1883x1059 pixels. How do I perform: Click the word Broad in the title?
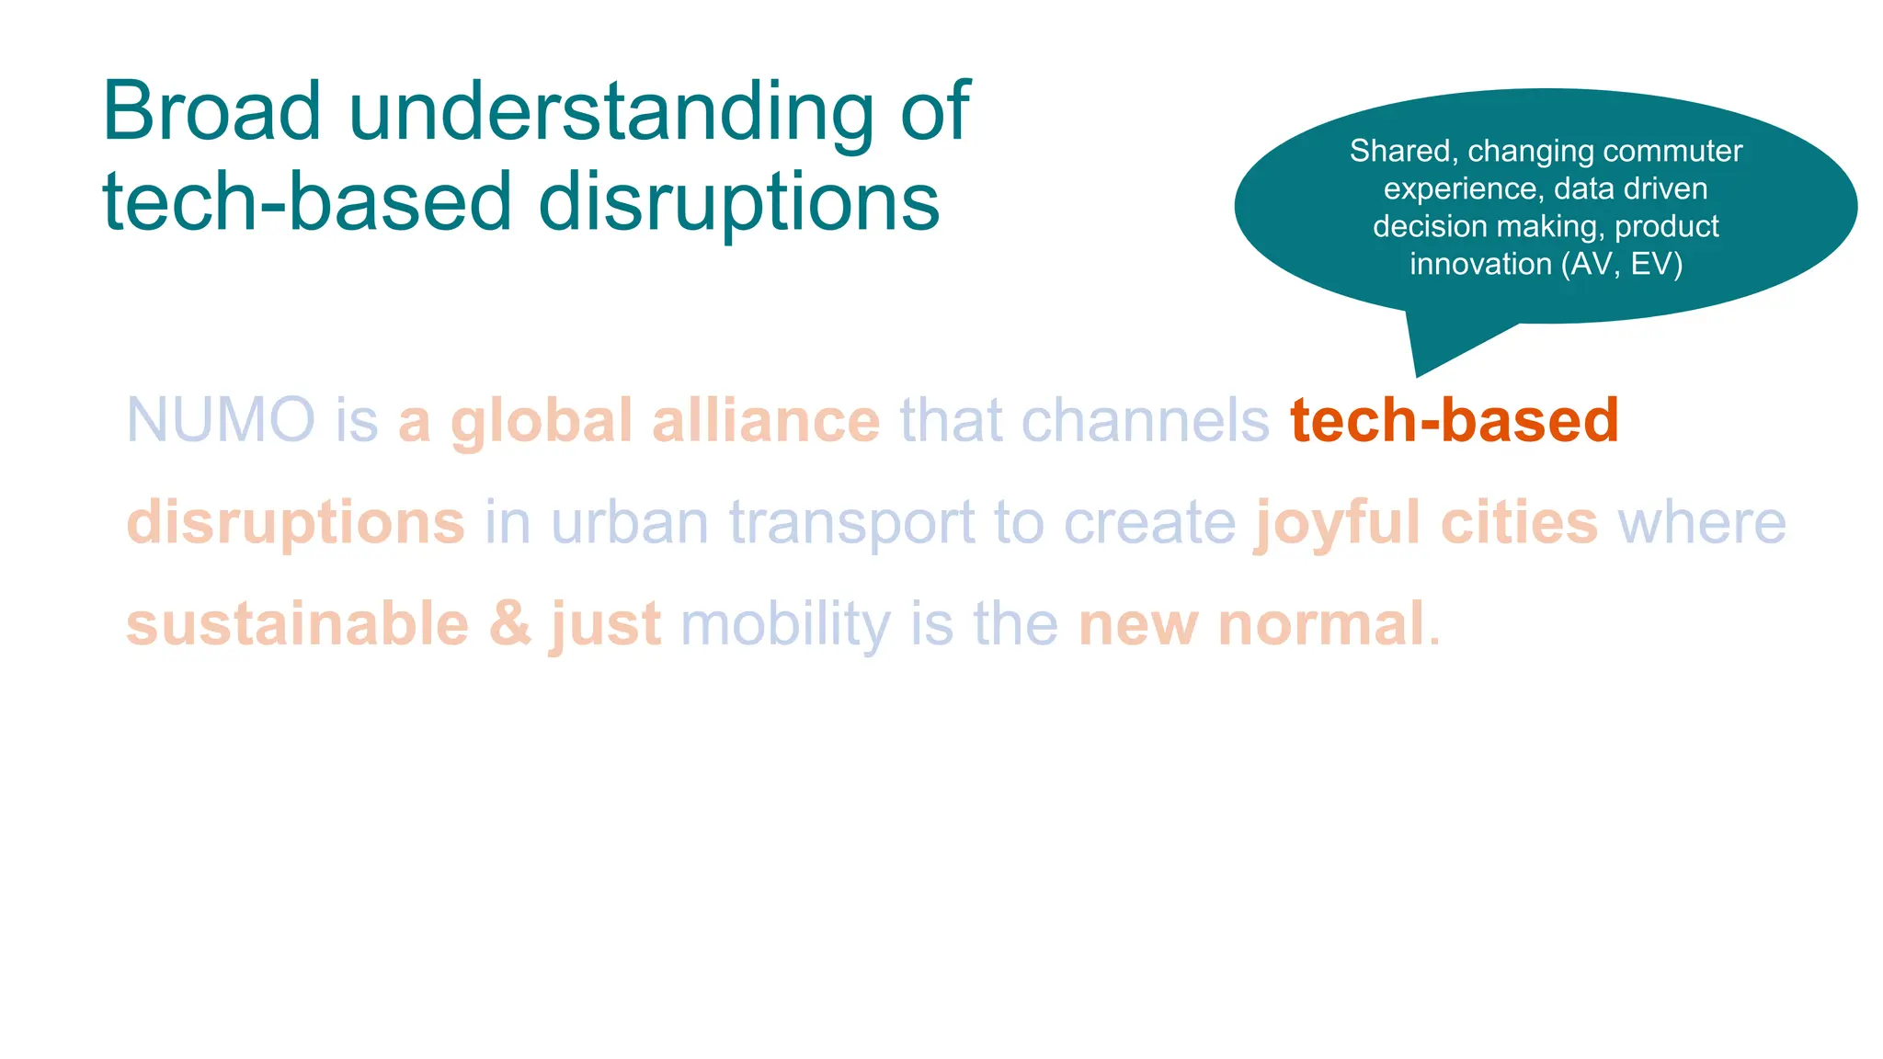pos(211,112)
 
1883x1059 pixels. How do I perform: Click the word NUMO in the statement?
pos(221,421)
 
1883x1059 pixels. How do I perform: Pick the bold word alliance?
pos(765,421)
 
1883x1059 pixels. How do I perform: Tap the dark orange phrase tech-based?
pos(1454,421)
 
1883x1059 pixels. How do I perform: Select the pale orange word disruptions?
pos(295,522)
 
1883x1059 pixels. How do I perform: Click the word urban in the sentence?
pos(630,522)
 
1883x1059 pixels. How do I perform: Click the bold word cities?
pos(1519,522)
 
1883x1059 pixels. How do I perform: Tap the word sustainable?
pos(297,624)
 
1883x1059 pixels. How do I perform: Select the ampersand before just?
pos(510,624)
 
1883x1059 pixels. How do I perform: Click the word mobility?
pos(785,626)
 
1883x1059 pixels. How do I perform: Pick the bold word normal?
pos(1320,624)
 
